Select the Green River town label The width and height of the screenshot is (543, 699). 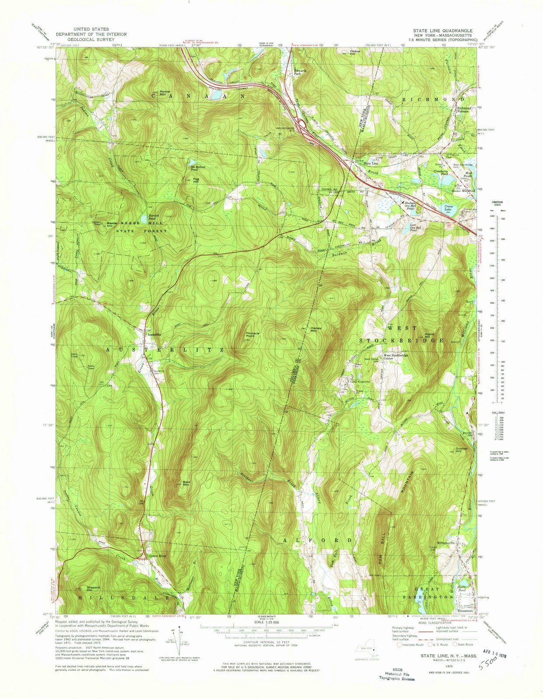pyautogui.click(x=158, y=556)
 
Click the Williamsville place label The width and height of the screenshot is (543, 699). pyautogui.click(x=456, y=543)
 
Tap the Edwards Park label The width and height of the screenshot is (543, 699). pyautogui.click(x=300, y=73)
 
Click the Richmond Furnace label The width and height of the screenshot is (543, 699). pyautogui.click(x=464, y=109)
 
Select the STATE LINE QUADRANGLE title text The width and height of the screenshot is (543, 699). pyautogui.click(x=442, y=31)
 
